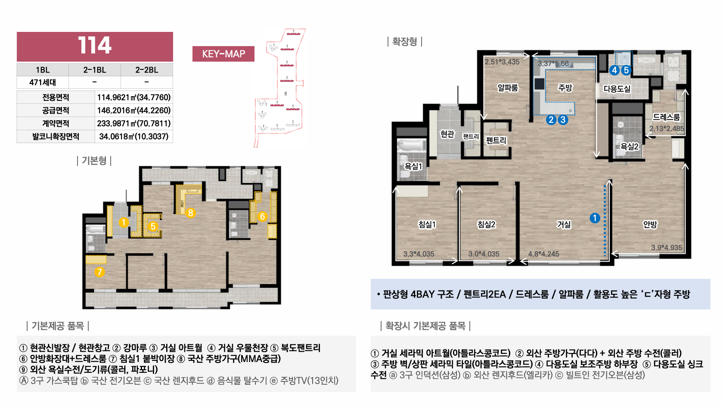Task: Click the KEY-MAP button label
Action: coord(223,53)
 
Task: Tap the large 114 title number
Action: coord(95,45)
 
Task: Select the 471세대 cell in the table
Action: coord(43,82)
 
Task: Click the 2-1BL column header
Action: coord(95,70)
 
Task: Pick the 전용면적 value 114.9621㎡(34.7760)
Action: coord(133,97)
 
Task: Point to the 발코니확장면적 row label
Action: coord(56,136)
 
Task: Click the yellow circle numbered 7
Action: coord(99,272)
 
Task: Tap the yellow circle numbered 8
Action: coord(190,213)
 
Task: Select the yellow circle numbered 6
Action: coord(262,216)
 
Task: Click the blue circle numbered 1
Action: coord(595,218)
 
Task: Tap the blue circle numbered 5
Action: coord(626,70)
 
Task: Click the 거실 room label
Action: coord(564,225)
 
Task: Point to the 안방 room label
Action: coord(650,225)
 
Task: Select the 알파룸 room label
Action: coord(508,87)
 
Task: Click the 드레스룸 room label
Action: coord(666,117)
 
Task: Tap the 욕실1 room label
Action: coord(413,166)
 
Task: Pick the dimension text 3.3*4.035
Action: coord(419,254)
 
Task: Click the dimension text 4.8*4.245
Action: coord(543,254)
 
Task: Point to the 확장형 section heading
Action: coord(404,42)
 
